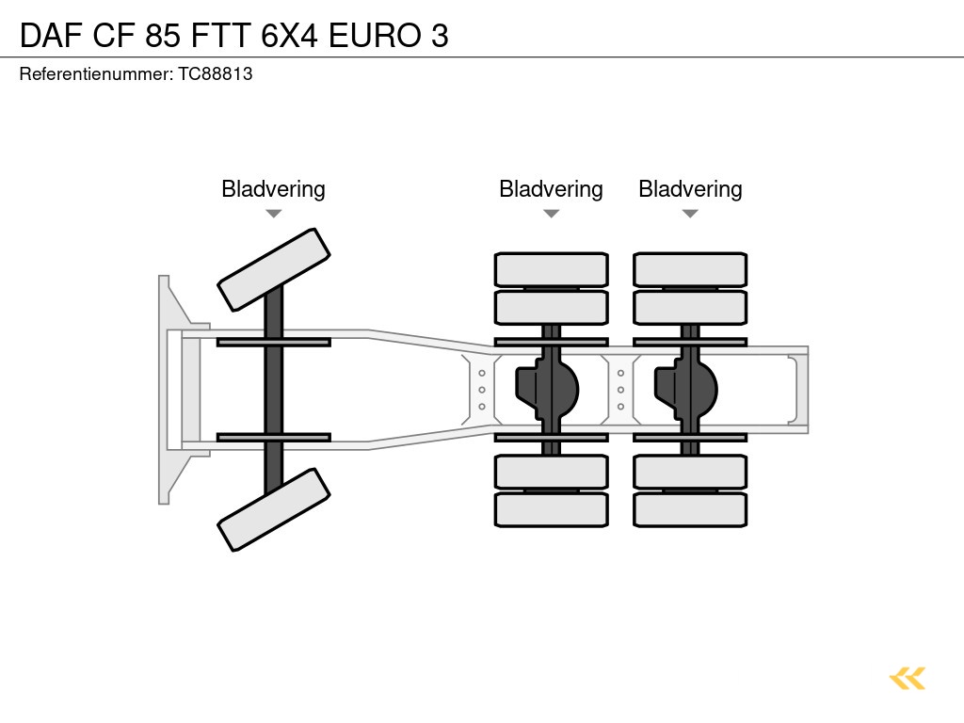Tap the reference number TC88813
tap(216, 73)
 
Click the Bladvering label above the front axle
tap(273, 189)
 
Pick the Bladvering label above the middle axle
tap(551, 189)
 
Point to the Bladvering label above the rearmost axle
tap(690, 189)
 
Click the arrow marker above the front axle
tap(273, 214)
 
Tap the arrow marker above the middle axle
tap(551, 214)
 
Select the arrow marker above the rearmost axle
tap(690, 214)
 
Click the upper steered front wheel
tap(273, 269)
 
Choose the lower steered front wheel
tap(273, 509)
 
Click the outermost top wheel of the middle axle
tap(551, 269)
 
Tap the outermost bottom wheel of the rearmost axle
tap(690, 509)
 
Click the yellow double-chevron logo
tap(907, 678)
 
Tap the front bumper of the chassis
tap(169, 389)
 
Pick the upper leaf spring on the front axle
tap(273, 342)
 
